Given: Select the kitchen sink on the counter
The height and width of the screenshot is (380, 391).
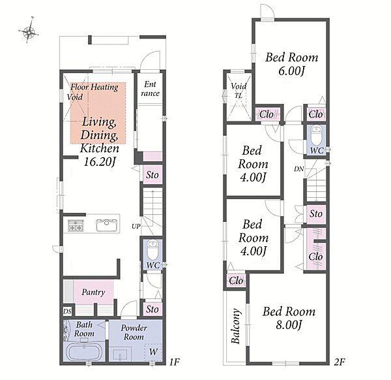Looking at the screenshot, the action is tap(107, 225).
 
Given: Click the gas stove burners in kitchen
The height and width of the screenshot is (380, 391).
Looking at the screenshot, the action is tap(76, 225).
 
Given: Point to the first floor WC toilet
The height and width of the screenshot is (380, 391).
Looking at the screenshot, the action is tap(152, 250).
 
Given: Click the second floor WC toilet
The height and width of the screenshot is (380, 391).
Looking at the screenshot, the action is tap(316, 135).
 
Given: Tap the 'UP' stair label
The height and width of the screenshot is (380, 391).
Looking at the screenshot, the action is tap(136, 227).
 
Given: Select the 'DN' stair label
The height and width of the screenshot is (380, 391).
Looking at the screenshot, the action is tap(298, 169).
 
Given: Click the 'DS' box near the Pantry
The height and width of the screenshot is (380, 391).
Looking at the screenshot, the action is tap(67, 311).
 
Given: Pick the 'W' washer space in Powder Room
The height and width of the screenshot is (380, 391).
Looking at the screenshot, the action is tap(153, 353).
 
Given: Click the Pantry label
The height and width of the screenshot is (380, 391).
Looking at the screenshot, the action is tap(93, 292).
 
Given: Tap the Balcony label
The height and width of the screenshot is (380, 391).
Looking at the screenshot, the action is tap(236, 326).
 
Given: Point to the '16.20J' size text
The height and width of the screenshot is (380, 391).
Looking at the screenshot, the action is tap(99, 162).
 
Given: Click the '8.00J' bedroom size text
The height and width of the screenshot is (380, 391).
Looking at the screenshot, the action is tap(289, 325).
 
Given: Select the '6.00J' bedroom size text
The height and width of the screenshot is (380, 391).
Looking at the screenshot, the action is tap(291, 71).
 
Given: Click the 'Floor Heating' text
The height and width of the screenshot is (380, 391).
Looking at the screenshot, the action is tap(94, 87).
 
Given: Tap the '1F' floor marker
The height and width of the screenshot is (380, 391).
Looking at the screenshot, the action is tap(174, 362).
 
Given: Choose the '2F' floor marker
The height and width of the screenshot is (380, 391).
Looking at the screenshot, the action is tap(340, 362).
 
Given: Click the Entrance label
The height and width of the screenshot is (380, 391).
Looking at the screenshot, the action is tap(150, 89).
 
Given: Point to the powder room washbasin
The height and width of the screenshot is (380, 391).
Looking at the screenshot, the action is tap(121, 355).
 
